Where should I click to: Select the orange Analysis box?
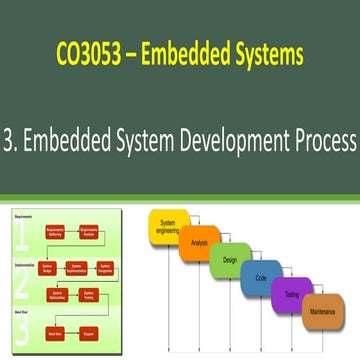tap(200, 244)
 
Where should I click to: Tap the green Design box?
tap(229, 260)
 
